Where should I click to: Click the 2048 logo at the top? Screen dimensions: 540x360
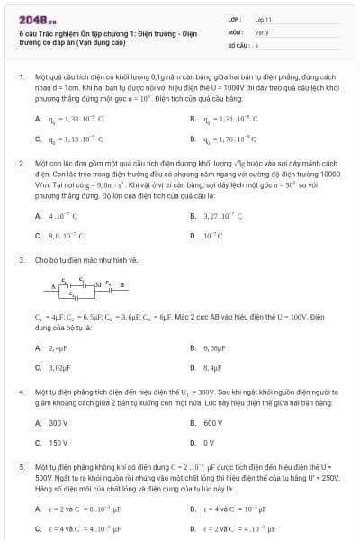pyautogui.click(x=31, y=18)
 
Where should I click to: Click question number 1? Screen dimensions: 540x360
pyautogui.click(x=21, y=77)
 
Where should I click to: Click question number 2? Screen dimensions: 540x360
pyautogui.click(x=21, y=164)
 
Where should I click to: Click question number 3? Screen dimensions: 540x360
pyautogui.click(x=21, y=260)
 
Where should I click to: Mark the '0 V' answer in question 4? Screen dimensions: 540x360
pyautogui.click(x=209, y=442)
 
